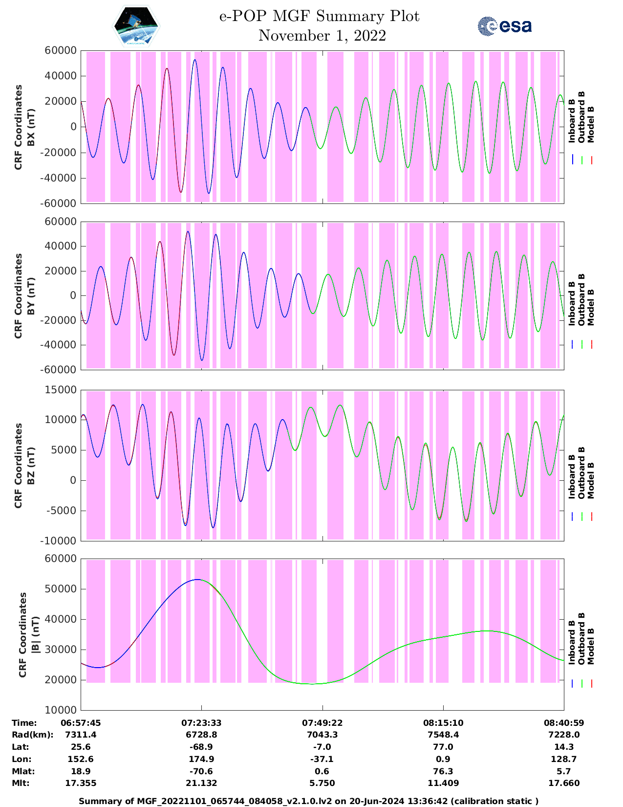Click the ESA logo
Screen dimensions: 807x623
[504, 26]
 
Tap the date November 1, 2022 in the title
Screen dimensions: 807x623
[322, 36]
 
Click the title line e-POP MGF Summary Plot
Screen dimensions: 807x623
[319, 16]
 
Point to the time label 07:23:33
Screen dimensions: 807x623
[201, 722]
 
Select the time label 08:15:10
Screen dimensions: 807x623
[443, 722]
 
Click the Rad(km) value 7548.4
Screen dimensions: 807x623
[443, 735]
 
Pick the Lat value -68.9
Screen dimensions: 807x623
[201, 747]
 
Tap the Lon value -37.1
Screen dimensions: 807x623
[322, 759]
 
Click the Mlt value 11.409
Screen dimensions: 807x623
[443, 783]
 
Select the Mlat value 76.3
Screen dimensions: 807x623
[443, 771]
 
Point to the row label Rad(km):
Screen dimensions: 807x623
[32, 735]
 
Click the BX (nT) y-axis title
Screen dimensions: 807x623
[31, 127]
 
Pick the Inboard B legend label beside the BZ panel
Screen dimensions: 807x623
[571, 477]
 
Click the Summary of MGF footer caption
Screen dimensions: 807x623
[309, 801]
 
